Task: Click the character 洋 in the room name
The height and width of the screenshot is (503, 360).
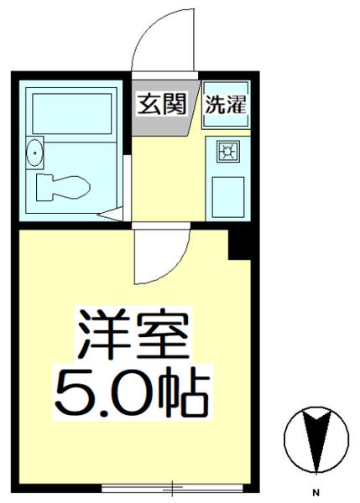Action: click(101, 335)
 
